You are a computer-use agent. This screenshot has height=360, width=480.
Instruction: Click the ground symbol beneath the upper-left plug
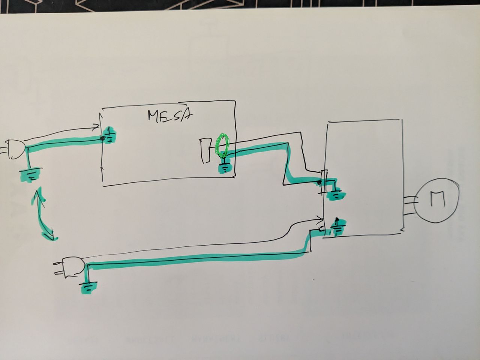(x=30, y=174)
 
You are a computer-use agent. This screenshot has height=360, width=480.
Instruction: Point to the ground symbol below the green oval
(x=225, y=168)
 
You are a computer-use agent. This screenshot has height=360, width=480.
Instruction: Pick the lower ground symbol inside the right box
(x=336, y=226)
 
